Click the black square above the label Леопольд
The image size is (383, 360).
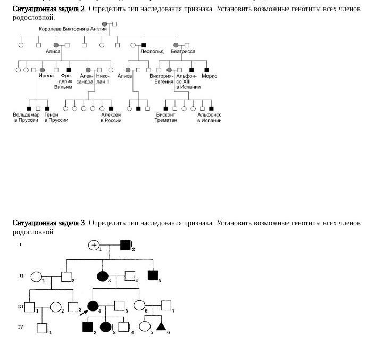tap(144, 45)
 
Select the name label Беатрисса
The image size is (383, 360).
tap(182, 52)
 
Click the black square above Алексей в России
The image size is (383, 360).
tap(111, 108)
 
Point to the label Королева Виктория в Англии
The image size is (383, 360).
tap(73, 29)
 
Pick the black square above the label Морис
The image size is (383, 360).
tap(206, 70)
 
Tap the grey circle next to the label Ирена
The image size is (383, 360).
tap(43, 70)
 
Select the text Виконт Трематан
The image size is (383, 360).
tap(166, 118)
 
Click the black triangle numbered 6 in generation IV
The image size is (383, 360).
tap(161, 325)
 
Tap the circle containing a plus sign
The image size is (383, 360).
tap(94, 245)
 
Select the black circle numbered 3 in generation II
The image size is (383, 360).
tap(103, 276)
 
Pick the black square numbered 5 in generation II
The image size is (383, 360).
tap(153, 275)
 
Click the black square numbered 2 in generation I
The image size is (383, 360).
tap(125, 245)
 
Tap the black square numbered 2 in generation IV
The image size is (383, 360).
tap(88, 326)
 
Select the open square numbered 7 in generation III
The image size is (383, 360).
tap(165, 306)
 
